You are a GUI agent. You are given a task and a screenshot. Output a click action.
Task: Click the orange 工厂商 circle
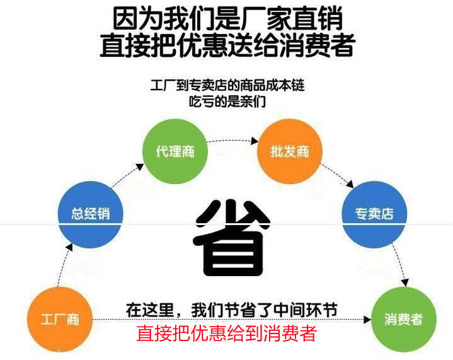(60, 319)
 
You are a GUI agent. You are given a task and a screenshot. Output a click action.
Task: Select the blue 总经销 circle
(91, 214)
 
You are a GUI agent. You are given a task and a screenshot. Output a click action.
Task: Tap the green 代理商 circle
(175, 151)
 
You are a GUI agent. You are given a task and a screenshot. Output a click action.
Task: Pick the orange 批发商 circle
(289, 151)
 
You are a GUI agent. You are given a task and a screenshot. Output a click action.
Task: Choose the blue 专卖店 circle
(374, 214)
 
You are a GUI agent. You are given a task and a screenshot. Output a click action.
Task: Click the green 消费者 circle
(403, 319)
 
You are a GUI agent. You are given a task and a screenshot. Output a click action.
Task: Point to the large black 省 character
(232, 238)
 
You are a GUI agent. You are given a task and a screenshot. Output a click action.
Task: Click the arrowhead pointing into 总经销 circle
(69, 247)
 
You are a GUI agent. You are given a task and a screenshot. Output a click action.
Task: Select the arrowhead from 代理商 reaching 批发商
(255, 141)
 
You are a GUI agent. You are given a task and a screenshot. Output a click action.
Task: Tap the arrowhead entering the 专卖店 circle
(350, 184)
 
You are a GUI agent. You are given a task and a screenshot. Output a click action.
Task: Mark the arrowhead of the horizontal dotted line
(367, 320)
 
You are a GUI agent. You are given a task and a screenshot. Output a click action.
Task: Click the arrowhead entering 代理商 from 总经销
(140, 167)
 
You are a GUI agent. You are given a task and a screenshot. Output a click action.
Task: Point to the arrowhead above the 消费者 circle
(404, 282)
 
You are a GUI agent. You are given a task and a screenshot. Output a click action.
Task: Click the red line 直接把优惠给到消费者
(227, 333)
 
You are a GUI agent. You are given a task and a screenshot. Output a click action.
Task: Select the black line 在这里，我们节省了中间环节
(232, 310)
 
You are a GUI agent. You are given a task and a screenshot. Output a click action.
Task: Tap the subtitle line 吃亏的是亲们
(227, 102)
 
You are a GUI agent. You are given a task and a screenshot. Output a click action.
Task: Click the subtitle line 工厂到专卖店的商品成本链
(227, 86)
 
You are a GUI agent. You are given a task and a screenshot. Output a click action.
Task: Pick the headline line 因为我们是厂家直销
(227, 19)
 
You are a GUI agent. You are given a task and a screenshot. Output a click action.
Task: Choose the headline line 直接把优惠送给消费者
(227, 45)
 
